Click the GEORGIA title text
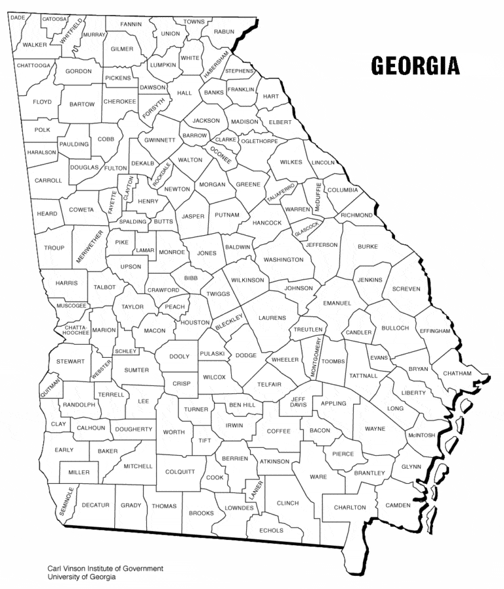415,66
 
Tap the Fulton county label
115,168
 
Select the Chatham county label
457,373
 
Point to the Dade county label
18,18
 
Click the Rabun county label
224,31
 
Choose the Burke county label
367,247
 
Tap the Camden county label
398,505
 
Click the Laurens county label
272,318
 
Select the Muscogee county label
71,306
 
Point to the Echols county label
272,530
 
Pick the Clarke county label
225,140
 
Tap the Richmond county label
356,215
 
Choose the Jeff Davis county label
299,402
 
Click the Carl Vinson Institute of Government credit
105,569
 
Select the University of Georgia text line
81,577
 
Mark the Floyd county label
42,102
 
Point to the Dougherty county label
133,429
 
